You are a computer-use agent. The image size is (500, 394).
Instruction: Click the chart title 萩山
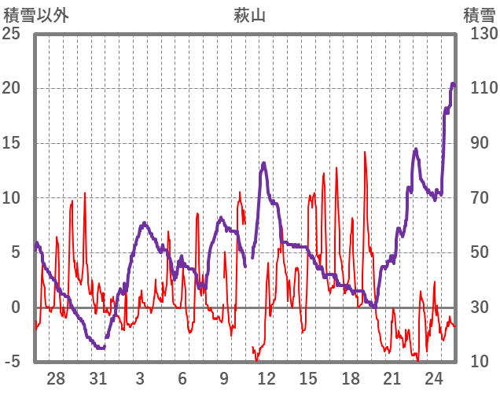coord(249,14)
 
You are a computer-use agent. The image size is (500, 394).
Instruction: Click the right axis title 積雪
coord(480,14)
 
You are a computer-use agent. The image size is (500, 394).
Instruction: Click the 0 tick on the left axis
coord(16,307)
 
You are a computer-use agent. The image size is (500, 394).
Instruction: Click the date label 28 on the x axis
coord(56,378)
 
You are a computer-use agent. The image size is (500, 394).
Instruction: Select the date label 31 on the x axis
coord(97,378)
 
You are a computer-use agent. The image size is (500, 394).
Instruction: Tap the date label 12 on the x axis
coord(266,378)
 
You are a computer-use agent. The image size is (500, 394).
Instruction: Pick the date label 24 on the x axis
coord(434,378)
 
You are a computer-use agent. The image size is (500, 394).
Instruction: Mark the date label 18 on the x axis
coord(350,378)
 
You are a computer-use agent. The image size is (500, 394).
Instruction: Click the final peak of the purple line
coord(453,83)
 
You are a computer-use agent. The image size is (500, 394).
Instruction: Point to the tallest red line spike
coord(365,152)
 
